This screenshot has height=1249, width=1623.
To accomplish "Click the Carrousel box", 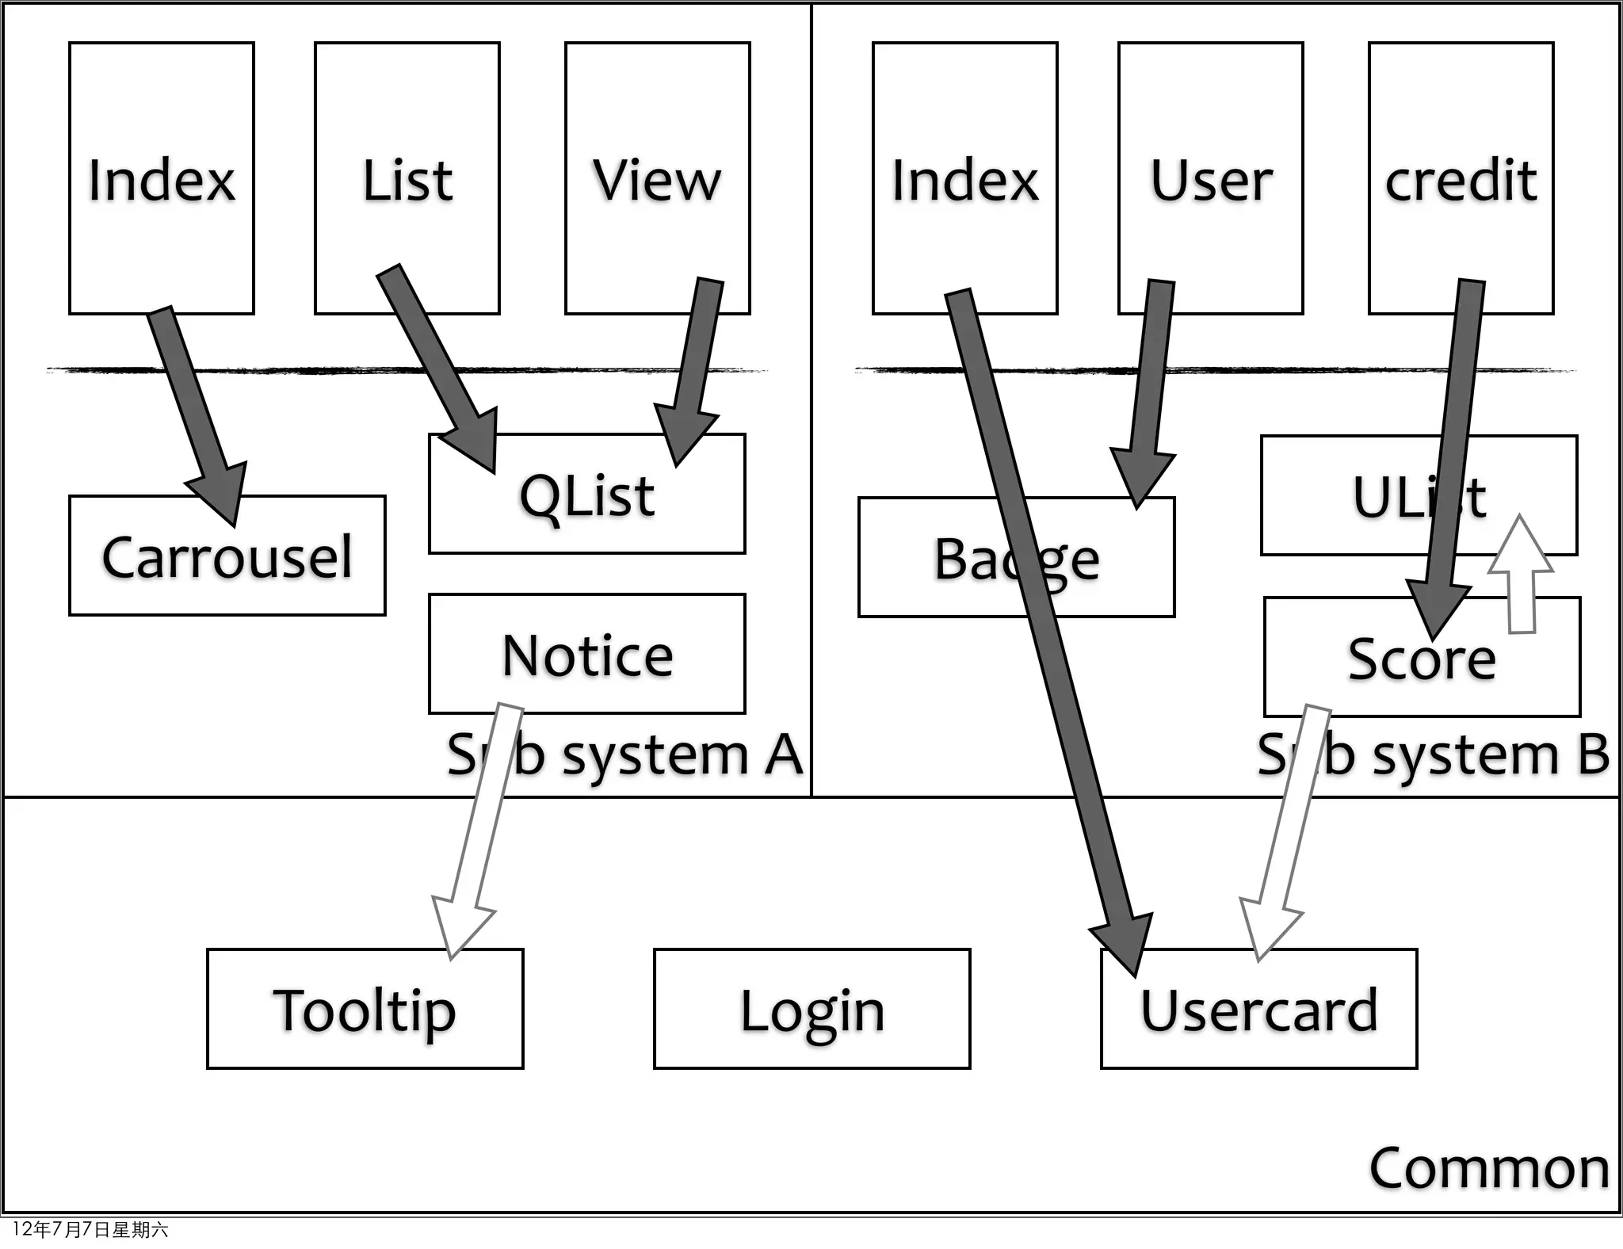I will coord(227,557).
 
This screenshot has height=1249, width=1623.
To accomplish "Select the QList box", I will coord(586,495).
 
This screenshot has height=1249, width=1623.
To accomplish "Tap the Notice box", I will coord(586,655).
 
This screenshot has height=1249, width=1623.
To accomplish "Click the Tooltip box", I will coord(365,1010).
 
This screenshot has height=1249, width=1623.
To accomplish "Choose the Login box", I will coord(811,1010).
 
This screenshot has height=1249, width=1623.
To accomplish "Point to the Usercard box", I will coord(1258,1010).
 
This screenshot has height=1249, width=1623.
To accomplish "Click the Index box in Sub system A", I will coord(162,179).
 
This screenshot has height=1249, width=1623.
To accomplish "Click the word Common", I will coord(1489,1168).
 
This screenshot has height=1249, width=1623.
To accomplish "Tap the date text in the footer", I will coord(90,1230).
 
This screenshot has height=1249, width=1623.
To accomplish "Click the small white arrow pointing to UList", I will coord(1521,579).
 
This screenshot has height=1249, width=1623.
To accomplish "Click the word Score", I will coord(1421,659).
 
